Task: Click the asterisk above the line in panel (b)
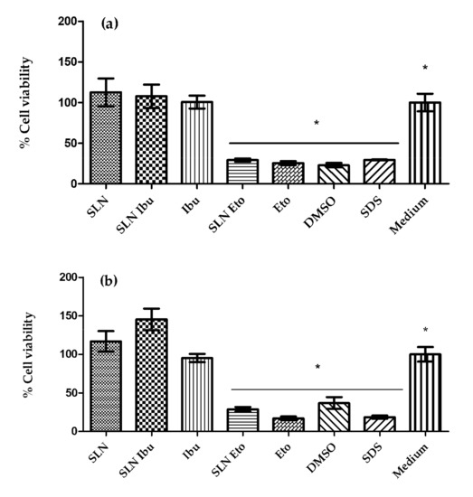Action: pos(317,367)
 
